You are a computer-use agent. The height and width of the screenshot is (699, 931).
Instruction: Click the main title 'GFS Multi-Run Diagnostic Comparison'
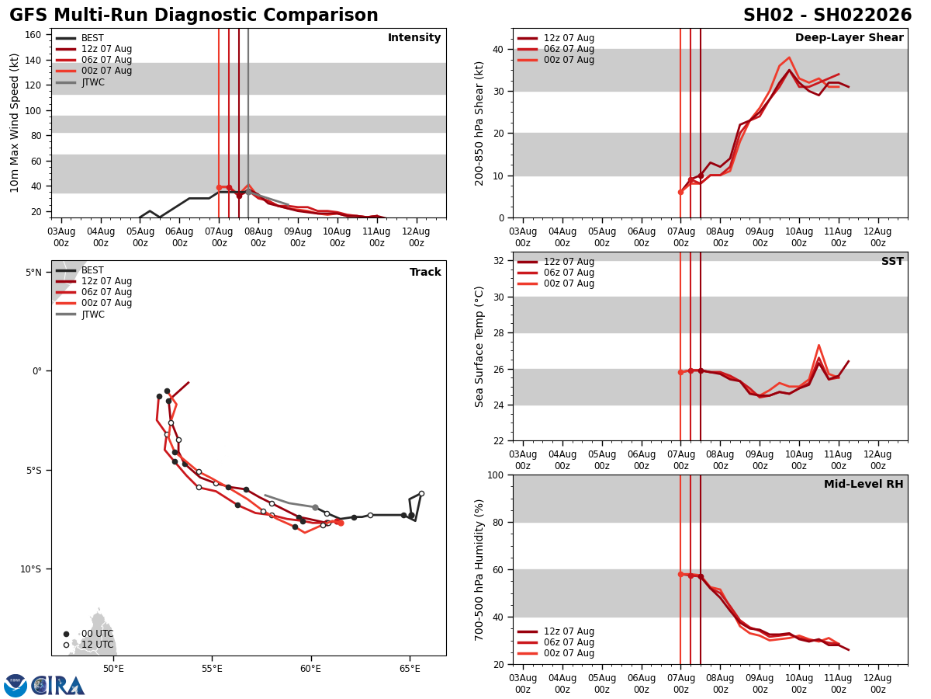pyautogui.click(x=194, y=16)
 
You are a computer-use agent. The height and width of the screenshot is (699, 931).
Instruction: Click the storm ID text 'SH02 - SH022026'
pyautogui.click(x=827, y=16)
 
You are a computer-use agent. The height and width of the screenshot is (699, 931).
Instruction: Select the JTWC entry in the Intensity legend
pyautogui.click(x=92, y=82)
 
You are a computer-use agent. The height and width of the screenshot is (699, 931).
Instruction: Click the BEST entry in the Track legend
pyautogui.click(x=92, y=270)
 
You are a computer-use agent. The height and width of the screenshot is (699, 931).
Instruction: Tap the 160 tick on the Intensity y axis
pyautogui.click(x=33, y=35)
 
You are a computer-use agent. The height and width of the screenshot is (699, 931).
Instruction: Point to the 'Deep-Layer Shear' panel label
pyautogui.click(x=849, y=38)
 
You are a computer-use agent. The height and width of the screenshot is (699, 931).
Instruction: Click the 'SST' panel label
pyautogui.click(x=892, y=262)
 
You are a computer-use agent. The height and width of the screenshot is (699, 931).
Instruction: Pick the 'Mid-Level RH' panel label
pyautogui.click(x=864, y=485)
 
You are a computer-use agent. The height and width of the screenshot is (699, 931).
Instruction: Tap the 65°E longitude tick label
pyautogui.click(x=410, y=668)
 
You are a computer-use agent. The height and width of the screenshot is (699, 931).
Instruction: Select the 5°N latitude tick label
pyautogui.click(x=33, y=273)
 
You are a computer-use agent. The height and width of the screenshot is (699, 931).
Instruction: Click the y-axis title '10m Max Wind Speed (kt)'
pyautogui.click(x=16, y=123)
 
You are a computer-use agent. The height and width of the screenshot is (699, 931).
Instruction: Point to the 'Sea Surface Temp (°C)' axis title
pyautogui.click(x=479, y=346)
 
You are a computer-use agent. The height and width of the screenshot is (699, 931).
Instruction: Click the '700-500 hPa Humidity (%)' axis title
pyautogui.click(x=479, y=569)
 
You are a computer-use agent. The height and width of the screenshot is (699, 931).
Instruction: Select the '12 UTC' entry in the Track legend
pyautogui.click(x=97, y=645)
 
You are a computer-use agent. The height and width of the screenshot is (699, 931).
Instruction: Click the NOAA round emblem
pyautogui.click(x=16, y=686)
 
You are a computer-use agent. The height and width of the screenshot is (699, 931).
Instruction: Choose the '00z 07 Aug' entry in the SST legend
pyautogui.click(x=569, y=283)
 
